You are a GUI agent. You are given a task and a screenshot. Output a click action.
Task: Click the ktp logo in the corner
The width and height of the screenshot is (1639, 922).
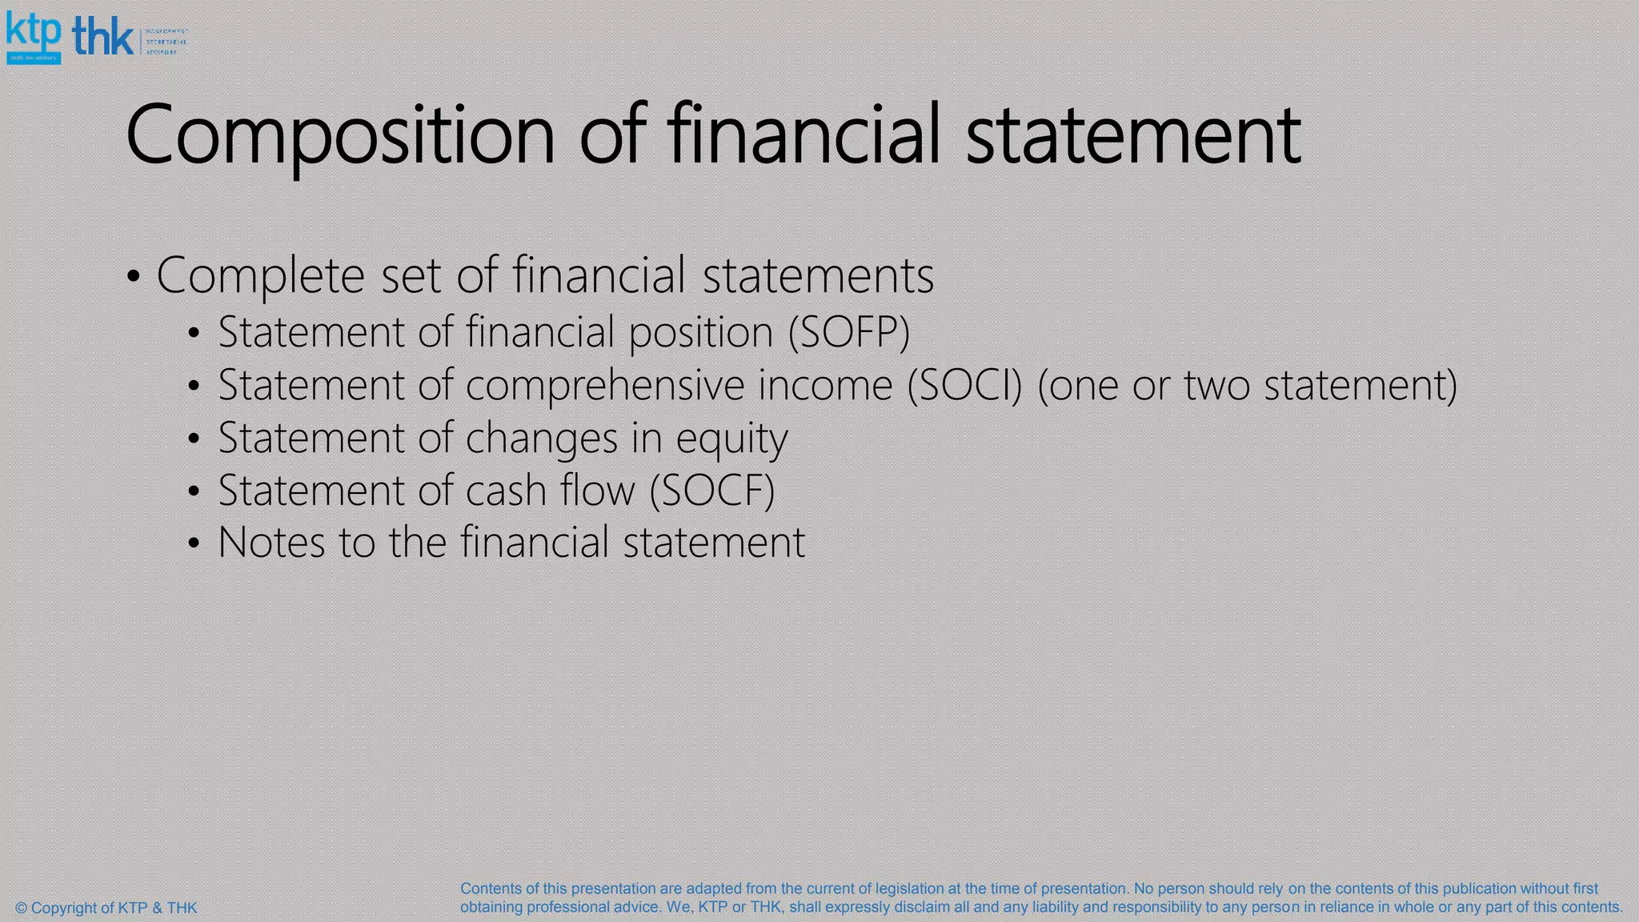[x=34, y=37]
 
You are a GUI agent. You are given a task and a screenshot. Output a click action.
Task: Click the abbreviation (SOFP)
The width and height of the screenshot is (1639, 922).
[x=849, y=332]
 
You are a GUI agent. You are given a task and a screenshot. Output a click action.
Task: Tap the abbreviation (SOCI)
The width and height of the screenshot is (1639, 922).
[x=964, y=385]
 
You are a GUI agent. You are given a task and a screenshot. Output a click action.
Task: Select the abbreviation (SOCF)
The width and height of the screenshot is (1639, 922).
[x=711, y=490]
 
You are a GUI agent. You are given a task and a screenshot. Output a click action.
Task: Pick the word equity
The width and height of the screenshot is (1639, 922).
[x=731, y=439]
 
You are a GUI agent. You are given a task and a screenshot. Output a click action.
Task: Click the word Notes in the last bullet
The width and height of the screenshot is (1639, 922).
[x=272, y=542]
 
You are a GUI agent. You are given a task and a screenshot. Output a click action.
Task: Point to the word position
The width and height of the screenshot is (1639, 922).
[x=700, y=332]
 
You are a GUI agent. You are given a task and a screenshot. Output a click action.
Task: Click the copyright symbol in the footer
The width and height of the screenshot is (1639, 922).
[x=22, y=908]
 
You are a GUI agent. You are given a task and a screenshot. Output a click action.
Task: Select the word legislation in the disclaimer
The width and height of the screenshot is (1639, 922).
[x=909, y=888]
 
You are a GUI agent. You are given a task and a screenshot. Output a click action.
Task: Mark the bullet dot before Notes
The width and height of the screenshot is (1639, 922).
[x=193, y=544]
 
